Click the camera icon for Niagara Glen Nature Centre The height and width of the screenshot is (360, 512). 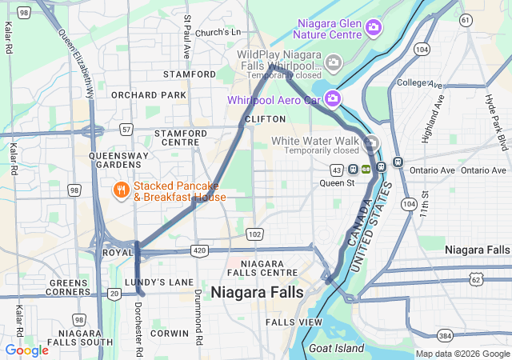pos(373,29)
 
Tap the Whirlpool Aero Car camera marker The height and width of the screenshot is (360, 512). pos(332,99)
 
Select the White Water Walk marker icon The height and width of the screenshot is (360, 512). pos(371,144)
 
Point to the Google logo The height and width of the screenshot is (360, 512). pos(26,350)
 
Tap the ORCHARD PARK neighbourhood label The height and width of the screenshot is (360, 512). pos(138,95)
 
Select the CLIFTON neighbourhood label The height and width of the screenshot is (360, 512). pos(265,119)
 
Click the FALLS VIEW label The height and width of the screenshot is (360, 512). pos(294,322)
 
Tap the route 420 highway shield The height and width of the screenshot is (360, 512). pos(199,250)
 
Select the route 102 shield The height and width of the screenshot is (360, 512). pos(255,234)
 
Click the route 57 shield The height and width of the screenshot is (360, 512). pos(126,129)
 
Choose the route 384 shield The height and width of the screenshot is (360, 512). pos(446,335)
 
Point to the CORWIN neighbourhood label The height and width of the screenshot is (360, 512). pos(169,333)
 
